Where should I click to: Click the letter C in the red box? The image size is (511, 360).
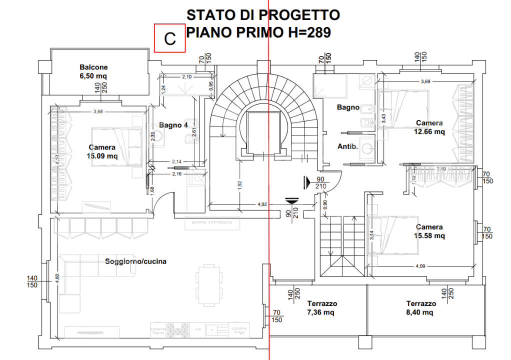tap(170, 38)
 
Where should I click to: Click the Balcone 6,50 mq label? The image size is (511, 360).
tap(93, 71)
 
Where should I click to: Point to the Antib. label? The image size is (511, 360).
tap(347, 146)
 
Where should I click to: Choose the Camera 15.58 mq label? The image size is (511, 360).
tap(430, 231)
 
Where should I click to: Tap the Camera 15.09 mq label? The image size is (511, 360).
tap(102, 151)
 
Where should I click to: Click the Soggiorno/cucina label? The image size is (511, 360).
tap(135, 261)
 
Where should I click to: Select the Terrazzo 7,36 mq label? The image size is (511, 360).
tap(322, 308)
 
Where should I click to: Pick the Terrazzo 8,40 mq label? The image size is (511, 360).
tap(421, 308)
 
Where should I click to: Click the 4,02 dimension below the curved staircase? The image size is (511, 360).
tap(262, 204)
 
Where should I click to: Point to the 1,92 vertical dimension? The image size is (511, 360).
tap(240, 184)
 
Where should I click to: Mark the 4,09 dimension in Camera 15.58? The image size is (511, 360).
tap(420, 266)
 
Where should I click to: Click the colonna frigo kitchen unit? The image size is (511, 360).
tap(237, 330)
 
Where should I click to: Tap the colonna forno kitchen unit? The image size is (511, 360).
tap(158, 330)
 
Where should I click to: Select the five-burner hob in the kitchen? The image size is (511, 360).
tap(177, 330)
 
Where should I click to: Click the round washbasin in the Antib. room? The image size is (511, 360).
tap(367, 147)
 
